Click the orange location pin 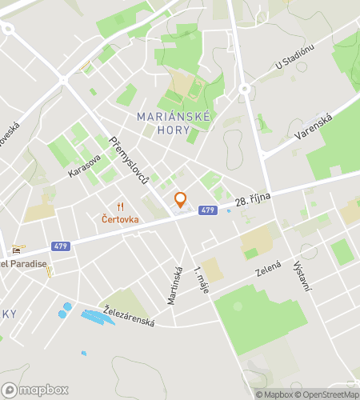click(x=180, y=199)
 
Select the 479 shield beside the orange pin click(x=207, y=210)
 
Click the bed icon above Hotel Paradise click(x=17, y=250)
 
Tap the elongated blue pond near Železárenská click(x=98, y=318)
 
